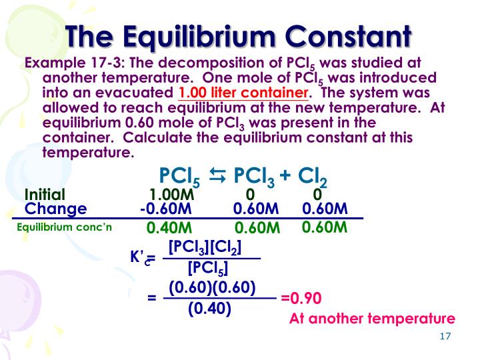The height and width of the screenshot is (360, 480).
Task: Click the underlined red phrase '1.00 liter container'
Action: (x=243, y=93)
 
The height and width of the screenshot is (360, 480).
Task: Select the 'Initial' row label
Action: (x=45, y=195)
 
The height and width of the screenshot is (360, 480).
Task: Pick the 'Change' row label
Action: (x=55, y=209)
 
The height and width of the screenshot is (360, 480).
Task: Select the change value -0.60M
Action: (x=166, y=209)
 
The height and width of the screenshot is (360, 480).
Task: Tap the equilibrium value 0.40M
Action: (x=169, y=228)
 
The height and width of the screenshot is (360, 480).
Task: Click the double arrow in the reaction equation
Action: (x=218, y=176)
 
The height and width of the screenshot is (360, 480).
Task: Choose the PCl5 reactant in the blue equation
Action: (x=180, y=177)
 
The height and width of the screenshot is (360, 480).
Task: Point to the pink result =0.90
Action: (x=301, y=298)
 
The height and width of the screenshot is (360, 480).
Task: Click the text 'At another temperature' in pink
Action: (x=372, y=319)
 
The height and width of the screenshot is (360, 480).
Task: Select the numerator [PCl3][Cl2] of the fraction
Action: (x=205, y=247)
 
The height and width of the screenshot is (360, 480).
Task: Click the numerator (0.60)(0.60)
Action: (x=212, y=287)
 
